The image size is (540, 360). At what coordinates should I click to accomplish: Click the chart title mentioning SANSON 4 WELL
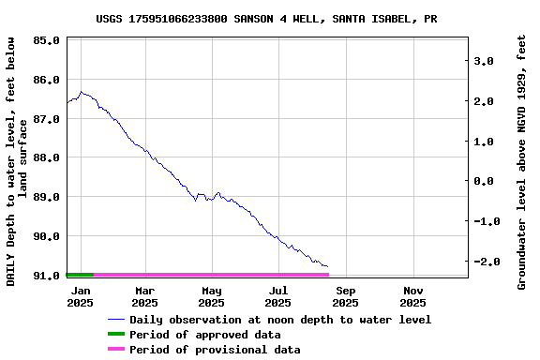(x=266, y=19)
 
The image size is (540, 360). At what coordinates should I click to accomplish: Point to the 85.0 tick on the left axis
(x=47, y=41)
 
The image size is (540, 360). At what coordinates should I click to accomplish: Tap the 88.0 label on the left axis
(x=47, y=157)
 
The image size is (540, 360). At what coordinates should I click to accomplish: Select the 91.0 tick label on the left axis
(x=47, y=275)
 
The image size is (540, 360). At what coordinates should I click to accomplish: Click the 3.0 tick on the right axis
(x=484, y=61)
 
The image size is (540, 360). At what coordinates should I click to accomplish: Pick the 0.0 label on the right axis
(x=484, y=182)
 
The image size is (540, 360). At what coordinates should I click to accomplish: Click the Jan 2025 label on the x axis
(x=80, y=297)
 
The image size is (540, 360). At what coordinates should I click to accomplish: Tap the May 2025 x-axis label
(x=212, y=297)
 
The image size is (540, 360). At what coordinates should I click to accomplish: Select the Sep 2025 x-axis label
(x=345, y=297)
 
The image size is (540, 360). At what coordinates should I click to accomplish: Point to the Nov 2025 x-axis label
(x=412, y=297)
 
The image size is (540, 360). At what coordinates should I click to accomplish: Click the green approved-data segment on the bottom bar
(x=81, y=275)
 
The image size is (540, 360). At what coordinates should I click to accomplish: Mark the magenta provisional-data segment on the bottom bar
(x=211, y=275)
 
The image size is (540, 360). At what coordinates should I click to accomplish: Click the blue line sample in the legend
(x=116, y=320)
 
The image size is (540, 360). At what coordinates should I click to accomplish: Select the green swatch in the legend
(x=116, y=335)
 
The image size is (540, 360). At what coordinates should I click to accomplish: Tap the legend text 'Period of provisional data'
(x=215, y=350)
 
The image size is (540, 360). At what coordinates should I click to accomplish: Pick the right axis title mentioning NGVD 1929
(x=522, y=161)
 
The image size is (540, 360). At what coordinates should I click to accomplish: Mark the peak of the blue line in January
(x=82, y=92)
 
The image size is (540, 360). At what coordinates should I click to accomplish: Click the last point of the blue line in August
(x=327, y=267)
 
